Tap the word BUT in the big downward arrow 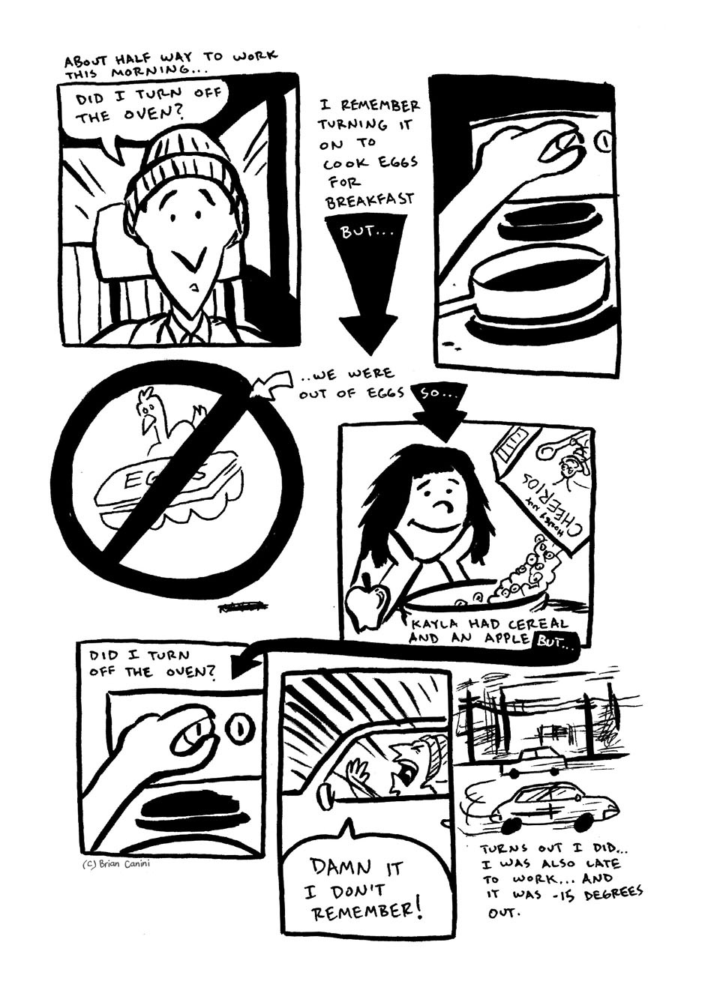tap(363, 233)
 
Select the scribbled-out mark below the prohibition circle tap(244, 607)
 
